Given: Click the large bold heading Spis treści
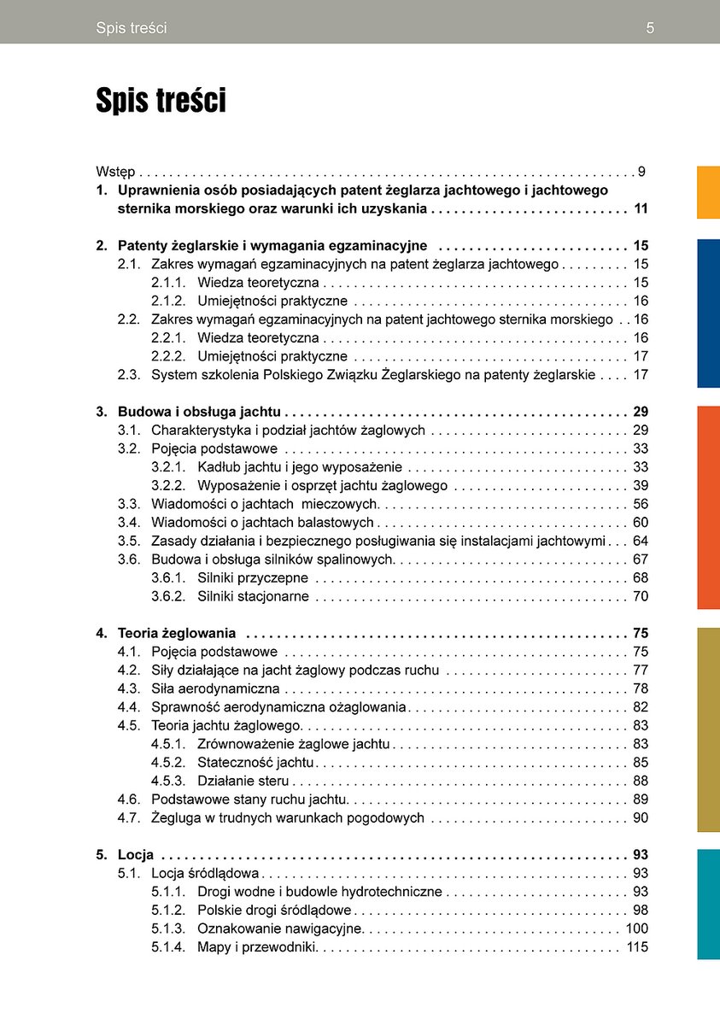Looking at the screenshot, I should pos(161,101).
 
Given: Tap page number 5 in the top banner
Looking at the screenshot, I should pos(650,28).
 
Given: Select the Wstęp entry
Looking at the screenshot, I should pos(115,172).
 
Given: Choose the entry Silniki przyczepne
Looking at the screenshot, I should pos(253,578).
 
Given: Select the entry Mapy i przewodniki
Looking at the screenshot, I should pos(257,946).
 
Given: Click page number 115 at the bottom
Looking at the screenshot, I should pos(637,946).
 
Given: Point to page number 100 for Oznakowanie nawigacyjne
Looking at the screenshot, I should pos(637,928).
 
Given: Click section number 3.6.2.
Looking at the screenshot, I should pos(168,596).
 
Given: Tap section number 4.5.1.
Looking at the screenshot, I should pos(168,744).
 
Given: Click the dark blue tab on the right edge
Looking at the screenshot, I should pos(708,313).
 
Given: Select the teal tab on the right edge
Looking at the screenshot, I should pos(708,904).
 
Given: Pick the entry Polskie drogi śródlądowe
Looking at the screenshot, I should pos(274,910).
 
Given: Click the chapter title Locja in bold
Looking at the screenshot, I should pos(136,854).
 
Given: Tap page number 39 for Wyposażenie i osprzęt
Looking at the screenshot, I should pos(641,485).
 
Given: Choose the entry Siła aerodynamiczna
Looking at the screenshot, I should pos(215,688).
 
